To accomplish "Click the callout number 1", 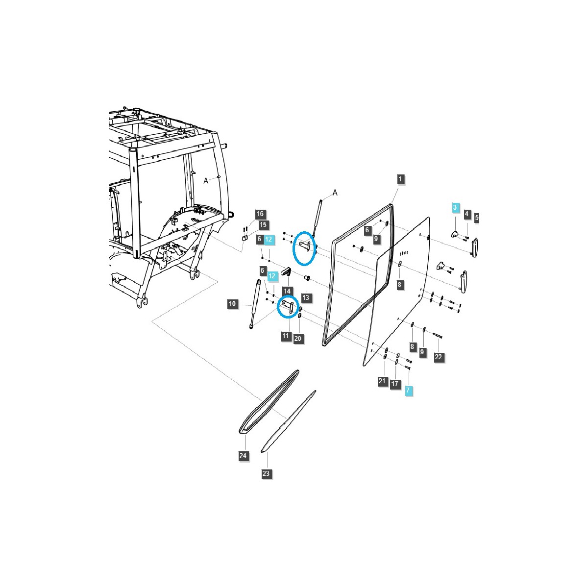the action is click(x=400, y=179).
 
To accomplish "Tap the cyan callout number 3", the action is click(x=455, y=207).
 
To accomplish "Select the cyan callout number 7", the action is click(x=408, y=390).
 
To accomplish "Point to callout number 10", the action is click(x=232, y=303).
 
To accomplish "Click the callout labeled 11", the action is click(x=286, y=336).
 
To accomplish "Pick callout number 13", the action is click(x=305, y=297).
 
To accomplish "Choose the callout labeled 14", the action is click(x=287, y=291).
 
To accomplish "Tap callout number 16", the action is click(x=260, y=214).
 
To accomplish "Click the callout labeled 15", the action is click(x=263, y=225).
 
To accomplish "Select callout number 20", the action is click(x=298, y=339).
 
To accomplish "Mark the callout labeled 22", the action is click(x=438, y=357).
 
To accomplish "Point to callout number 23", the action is click(x=266, y=473).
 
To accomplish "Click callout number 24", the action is click(x=243, y=456).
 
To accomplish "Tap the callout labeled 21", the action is click(x=382, y=381).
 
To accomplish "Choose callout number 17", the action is click(x=395, y=384).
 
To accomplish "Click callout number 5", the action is click(x=477, y=218).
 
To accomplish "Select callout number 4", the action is click(x=466, y=214).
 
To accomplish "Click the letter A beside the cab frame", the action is click(x=206, y=181).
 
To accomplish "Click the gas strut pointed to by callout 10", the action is click(x=255, y=304).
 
